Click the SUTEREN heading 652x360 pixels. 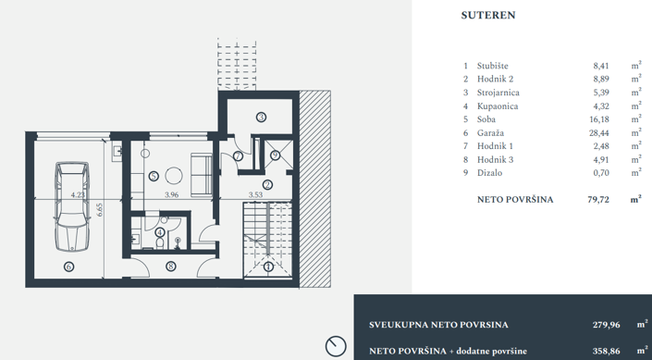[487, 16]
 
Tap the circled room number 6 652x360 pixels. [68, 267]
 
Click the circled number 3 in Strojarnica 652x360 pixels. [262, 118]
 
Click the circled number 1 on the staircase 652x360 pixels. [268, 267]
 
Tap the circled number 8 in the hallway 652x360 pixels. [170, 267]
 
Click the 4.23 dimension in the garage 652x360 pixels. [78, 195]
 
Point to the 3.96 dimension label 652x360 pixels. [171, 195]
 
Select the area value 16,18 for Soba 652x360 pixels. [601, 119]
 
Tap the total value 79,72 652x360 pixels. [598, 199]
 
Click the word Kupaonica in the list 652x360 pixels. [498, 106]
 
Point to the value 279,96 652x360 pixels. [606, 325]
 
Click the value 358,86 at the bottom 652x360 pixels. [606, 352]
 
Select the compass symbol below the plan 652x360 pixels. [335, 346]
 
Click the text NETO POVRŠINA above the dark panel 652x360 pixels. [515, 199]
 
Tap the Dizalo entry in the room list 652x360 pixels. [490, 172]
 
